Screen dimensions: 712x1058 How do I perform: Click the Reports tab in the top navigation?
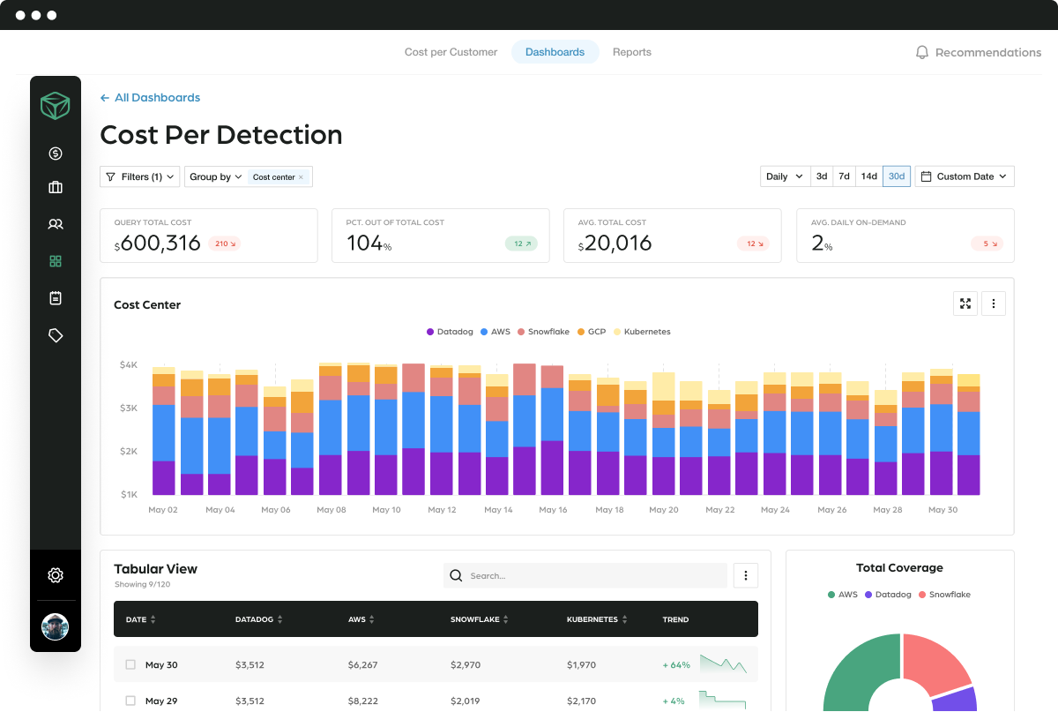[x=631, y=52]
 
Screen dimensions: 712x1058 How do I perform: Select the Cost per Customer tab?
[x=451, y=52]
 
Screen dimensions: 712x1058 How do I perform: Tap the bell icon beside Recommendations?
[x=922, y=53]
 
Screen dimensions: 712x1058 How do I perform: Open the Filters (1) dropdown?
[x=139, y=176]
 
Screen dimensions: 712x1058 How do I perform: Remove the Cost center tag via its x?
[x=301, y=177]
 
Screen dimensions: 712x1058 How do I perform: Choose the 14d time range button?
[x=868, y=176]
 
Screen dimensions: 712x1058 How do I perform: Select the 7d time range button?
[x=844, y=176]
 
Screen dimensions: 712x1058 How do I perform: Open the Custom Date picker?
[x=965, y=176]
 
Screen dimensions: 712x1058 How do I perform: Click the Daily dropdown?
[x=784, y=176]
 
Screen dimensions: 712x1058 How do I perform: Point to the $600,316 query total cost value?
[x=160, y=244]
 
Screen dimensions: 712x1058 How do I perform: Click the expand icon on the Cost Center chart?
[x=965, y=304]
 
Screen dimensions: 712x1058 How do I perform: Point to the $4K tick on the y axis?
[x=128, y=364]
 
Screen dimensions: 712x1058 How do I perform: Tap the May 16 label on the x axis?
[x=553, y=510]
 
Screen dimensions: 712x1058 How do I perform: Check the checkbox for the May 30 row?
[x=131, y=664]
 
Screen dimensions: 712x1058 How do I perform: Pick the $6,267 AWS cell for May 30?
[x=362, y=664]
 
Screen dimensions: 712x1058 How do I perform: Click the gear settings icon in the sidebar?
[x=56, y=575]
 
